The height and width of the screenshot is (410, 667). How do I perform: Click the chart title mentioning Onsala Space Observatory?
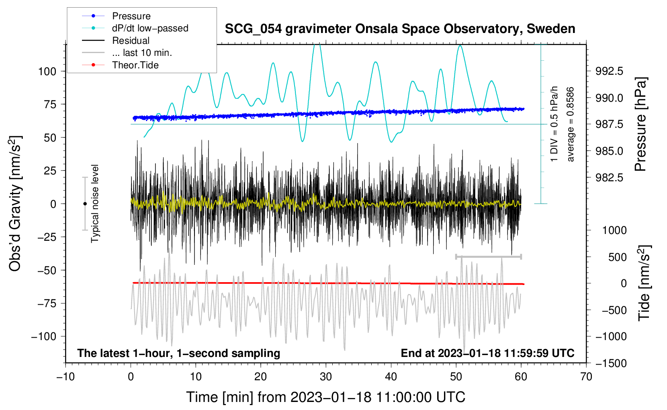(x=400, y=29)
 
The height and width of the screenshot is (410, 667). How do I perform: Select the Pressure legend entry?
(x=131, y=16)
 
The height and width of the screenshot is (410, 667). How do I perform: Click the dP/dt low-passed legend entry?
(x=150, y=28)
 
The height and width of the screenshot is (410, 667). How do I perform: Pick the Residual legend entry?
(x=131, y=41)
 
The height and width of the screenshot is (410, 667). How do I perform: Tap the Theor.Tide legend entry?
(x=135, y=65)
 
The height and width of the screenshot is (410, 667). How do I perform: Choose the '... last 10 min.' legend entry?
(x=142, y=53)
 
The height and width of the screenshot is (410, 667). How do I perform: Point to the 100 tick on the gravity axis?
(x=47, y=72)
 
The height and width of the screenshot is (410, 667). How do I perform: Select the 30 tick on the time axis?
(x=326, y=377)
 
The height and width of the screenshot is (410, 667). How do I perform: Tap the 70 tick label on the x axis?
(x=586, y=377)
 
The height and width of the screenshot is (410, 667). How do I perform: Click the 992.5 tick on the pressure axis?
(x=610, y=71)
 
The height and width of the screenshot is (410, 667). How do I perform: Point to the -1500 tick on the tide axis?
(x=610, y=363)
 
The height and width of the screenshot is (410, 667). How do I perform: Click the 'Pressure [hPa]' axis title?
(x=641, y=125)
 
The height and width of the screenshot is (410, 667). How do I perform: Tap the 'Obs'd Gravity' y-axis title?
(x=15, y=204)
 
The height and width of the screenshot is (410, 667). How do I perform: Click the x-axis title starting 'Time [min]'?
(x=325, y=397)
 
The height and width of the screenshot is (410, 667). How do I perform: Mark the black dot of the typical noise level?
(x=85, y=204)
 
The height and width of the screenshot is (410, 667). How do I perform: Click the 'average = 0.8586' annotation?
(x=571, y=125)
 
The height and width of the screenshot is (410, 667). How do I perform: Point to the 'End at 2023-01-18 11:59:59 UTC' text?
(x=487, y=353)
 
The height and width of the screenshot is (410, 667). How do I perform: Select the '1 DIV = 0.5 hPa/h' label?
(x=554, y=124)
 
